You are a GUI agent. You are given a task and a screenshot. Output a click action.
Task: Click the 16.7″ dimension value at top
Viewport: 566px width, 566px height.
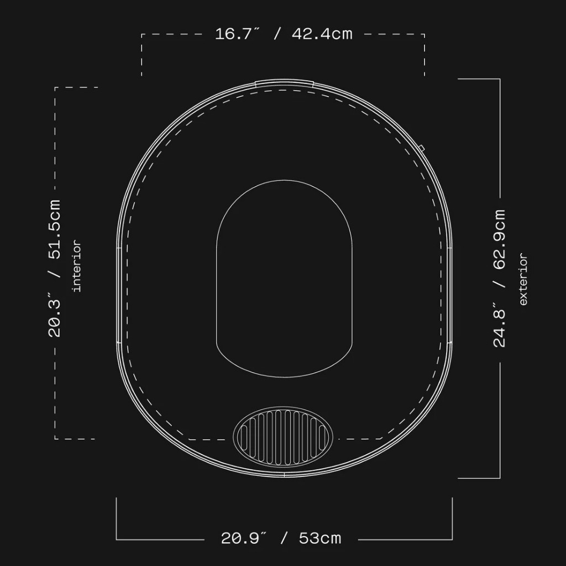tap(237, 34)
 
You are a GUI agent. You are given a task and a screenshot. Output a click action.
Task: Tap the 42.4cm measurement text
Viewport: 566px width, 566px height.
tap(322, 34)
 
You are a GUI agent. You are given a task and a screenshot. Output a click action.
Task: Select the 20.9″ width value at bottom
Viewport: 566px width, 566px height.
tap(243, 538)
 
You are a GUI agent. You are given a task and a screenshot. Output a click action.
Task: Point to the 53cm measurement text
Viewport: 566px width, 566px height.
tap(320, 538)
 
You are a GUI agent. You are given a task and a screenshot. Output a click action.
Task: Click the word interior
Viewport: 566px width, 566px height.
tap(77, 266)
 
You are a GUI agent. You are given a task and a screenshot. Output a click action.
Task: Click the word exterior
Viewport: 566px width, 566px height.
tap(523, 279)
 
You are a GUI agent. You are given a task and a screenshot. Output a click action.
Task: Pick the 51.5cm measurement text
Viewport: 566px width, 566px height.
tap(54, 229)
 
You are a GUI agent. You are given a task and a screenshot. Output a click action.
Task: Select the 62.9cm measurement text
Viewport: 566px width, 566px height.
tap(499, 239)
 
